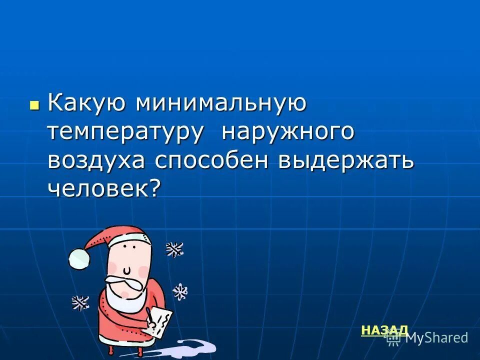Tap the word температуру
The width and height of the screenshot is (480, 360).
pyautogui.click(x=125, y=133)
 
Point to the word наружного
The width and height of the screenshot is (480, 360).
pyautogui.click(x=288, y=133)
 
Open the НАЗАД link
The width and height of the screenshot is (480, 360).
pyautogui.click(x=384, y=330)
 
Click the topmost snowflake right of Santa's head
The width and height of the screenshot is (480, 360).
pyautogui.click(x=174, y=248)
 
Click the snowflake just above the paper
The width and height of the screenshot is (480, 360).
pyautogui.click(x=180, y=291)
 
